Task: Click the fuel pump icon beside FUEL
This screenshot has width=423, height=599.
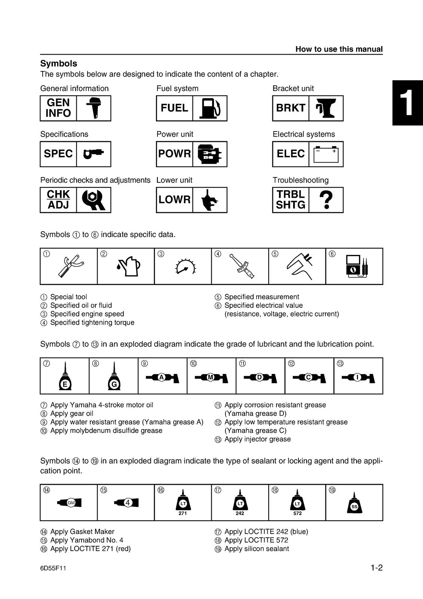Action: coord(209,108)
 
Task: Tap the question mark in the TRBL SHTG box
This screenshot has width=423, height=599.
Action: coord(326,200)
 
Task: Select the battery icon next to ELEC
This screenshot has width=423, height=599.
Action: coord(326,154)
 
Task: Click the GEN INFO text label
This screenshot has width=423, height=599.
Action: coord(58,108)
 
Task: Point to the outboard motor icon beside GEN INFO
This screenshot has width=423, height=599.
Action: coord(93,108)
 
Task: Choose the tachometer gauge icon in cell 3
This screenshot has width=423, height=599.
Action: coord(185,267)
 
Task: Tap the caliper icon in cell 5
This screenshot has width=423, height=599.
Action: coord(300,266)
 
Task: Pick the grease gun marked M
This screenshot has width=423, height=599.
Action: coord(212,378)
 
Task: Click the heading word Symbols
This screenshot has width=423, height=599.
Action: coord(59,64)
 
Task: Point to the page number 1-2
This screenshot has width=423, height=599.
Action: coord(376,568)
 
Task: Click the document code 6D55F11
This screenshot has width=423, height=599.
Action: coord(53,568)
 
